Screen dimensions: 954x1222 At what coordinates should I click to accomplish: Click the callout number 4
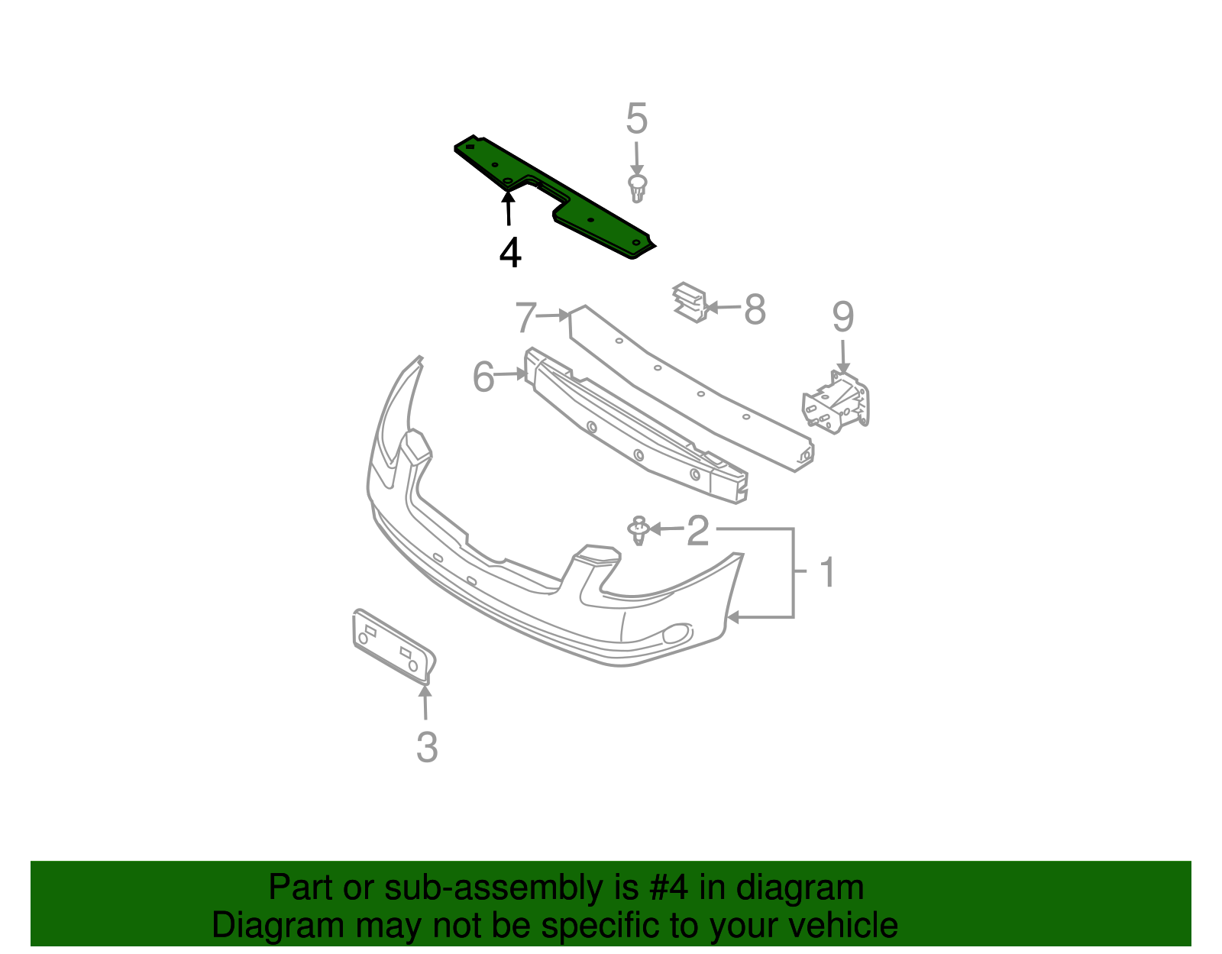(510, 252)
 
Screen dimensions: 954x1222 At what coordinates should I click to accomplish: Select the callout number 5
(636, 119)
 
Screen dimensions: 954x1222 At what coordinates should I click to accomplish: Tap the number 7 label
(525, 317)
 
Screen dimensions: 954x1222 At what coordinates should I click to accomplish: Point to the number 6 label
(483, 377)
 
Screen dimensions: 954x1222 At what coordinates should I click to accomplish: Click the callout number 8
(755, 309)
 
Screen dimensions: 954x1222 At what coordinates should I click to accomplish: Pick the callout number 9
(842, 317)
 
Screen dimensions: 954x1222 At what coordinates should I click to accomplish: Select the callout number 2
(697, 530)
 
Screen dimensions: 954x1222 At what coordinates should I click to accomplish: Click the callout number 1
(828, 573)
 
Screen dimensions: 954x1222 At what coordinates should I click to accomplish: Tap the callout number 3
(427, 747)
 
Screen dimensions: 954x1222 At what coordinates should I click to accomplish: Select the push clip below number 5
(637, 188)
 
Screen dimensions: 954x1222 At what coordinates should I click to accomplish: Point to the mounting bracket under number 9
(836, 403)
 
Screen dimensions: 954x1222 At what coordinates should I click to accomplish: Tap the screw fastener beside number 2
(639, 530)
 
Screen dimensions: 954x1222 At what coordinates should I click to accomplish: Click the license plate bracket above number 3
(393, 643)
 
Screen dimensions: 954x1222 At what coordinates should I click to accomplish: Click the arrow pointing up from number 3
(425, 703)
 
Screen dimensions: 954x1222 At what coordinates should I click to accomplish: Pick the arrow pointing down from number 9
(843, 357)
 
